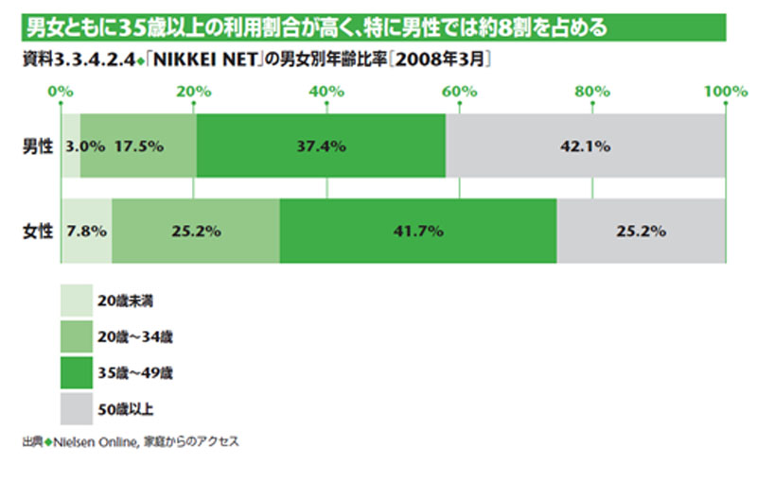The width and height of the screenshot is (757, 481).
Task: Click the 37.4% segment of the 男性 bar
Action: point(320,146)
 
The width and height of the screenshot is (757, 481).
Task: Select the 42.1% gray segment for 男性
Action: point(585,146)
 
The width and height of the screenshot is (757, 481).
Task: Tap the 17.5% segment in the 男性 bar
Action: point(138,146)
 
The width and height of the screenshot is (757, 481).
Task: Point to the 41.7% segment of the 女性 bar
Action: point(417,231)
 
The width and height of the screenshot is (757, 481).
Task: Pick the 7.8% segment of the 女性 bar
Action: point(86,231)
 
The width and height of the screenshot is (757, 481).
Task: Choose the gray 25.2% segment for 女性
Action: point(641,231)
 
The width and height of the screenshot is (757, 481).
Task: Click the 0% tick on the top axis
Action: point(62,91)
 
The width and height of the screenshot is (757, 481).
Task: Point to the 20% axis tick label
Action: point(194,91)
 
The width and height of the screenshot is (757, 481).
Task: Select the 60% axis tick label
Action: point(459,91)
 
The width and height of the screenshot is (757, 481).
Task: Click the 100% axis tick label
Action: point(726,91)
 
